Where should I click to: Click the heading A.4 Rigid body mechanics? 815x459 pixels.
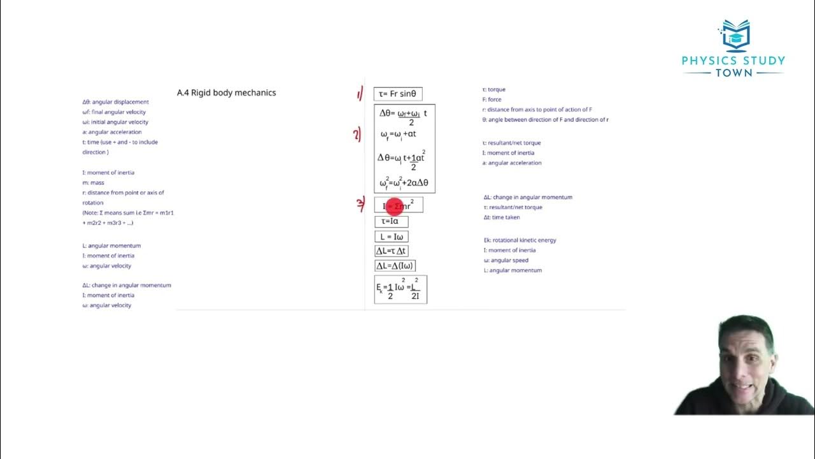(227, 92)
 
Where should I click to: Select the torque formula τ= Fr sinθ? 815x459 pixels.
(397, 94)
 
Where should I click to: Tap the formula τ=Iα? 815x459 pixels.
(391, 221)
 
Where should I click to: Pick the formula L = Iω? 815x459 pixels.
(392, 237)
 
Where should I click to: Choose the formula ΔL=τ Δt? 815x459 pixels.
(391, 251)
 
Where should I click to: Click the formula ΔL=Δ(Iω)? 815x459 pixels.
(395, 266)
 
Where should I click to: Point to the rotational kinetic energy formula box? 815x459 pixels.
(400, 289)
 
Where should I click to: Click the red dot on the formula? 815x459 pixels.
(394, 206)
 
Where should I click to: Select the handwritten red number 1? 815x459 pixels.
(360, 95)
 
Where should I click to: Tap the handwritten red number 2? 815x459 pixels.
(358, 135)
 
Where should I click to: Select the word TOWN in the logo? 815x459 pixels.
(733, 73)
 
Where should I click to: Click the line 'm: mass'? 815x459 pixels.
(93, 182)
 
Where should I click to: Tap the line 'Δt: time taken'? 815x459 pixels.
(502, 217)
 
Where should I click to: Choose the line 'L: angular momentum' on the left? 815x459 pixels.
(111, 245)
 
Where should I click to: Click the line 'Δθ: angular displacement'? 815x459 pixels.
(115, 102)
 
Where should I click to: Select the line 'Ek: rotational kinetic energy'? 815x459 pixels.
(520, 240)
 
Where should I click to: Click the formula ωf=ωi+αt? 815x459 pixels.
(398, 135)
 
